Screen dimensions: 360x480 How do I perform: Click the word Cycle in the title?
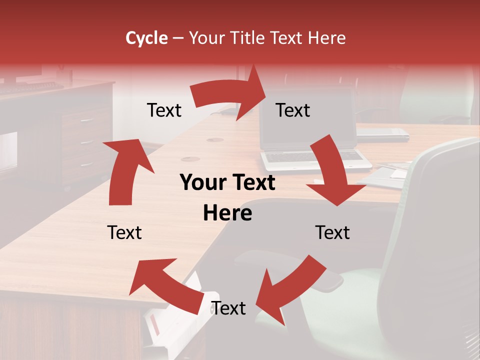click(x=146, y=38)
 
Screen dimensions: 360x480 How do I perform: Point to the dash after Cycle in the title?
click(x=178, y=38)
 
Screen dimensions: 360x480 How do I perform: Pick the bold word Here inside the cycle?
click(x=227, y=213)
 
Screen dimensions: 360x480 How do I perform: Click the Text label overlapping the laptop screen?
click(x=293, y=110)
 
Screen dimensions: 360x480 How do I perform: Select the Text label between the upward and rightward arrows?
click(x=164, y=110)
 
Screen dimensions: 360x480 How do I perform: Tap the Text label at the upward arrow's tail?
click(x=124, y=232)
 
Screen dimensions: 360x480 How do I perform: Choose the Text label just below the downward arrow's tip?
click(x=332, y=232)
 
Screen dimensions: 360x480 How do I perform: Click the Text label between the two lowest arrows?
click(x=228, y=308)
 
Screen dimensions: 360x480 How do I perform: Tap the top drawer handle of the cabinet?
click(x=86, y=120)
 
